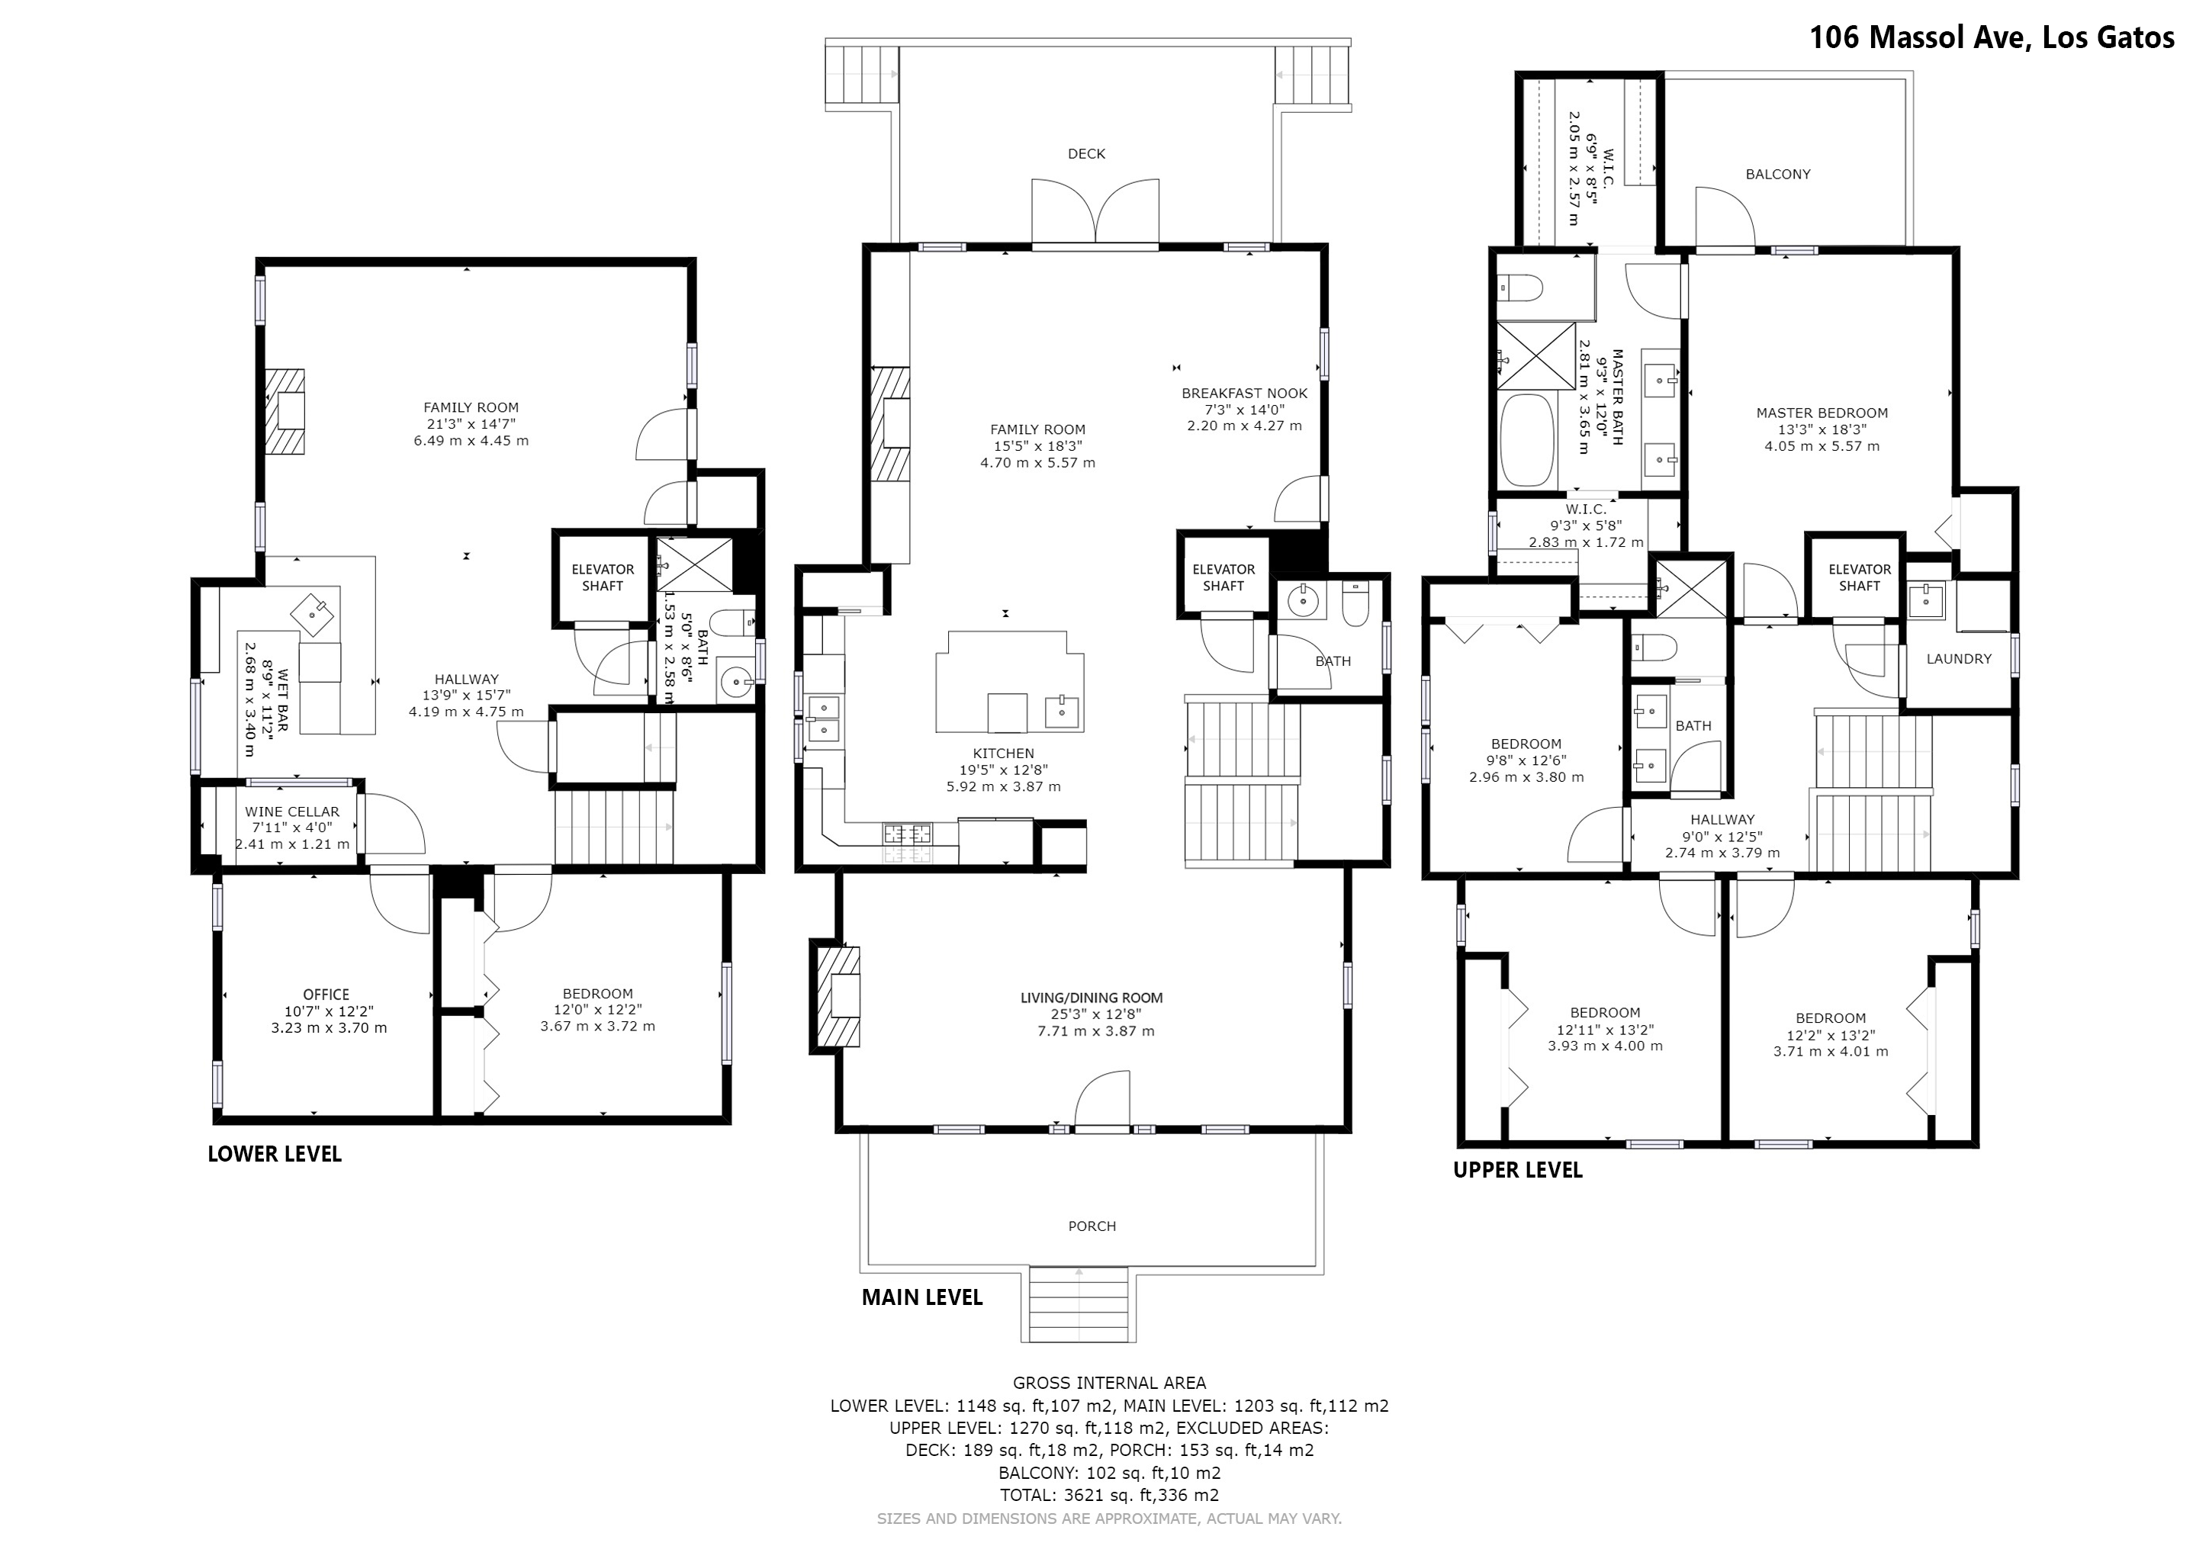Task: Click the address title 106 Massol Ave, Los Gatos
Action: pos(1992,37)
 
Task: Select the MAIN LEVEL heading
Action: pos(921,1297)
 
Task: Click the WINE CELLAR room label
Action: pos(291,812)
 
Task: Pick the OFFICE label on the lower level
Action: pos(326,995)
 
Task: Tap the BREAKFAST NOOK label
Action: pos(1244,394)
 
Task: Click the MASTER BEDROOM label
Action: pos(1822,413)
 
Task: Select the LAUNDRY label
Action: pos(1959,659)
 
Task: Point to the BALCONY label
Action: pos(1778,174)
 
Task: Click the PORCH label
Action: pos(1092,1226)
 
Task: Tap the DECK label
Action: pos(1086,154)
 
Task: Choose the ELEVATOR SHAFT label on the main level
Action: pos(1223,577)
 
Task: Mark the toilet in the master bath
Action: pos(1520,288)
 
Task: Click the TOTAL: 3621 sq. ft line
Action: pos(1109,1495)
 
